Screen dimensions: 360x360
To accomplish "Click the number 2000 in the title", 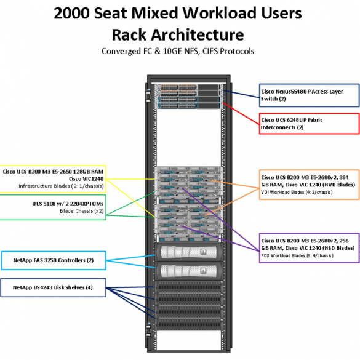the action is tap(71, 13).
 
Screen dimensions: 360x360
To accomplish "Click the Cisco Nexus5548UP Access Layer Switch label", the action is tap(310, 95).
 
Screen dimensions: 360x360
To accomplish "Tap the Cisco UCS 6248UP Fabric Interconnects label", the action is tap(310, 124).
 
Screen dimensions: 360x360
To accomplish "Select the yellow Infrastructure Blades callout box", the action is tap(52, 179).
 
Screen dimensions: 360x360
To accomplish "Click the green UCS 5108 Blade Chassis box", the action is tap(52, 207).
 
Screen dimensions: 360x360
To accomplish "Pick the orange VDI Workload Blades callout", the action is tap(310, 185).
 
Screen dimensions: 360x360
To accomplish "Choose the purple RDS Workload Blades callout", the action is tap(310, 248).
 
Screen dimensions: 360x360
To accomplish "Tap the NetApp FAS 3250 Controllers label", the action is tap(54, 260).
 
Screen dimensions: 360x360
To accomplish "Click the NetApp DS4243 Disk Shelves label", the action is tap(53, 287).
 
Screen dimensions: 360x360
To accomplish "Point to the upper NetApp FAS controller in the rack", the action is tap(189, 252).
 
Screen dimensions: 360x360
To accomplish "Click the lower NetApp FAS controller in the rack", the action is tap(189, 271).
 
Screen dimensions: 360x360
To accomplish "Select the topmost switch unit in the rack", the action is tap(189, 87).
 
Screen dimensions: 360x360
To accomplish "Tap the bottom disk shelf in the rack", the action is tap(189, 324).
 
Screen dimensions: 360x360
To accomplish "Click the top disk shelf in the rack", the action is tap(189, 287).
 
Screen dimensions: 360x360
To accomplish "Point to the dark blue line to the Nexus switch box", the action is tap(241, 94).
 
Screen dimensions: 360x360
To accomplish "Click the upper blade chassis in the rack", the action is tap(189, 185).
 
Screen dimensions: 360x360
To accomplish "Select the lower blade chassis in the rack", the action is tap(189, 223).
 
